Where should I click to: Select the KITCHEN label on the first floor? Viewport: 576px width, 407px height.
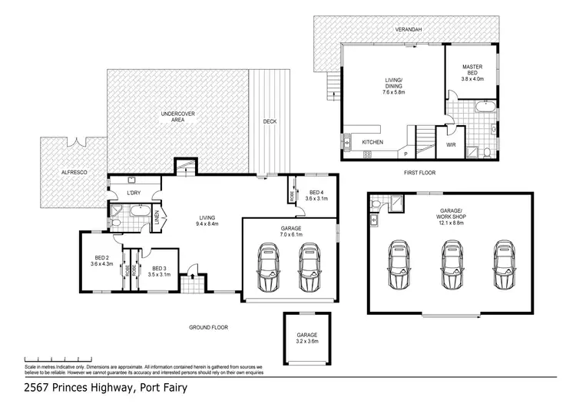pos(373,143)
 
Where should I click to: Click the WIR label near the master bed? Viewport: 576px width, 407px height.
pos(451,143)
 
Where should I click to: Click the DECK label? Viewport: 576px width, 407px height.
pos(270,121)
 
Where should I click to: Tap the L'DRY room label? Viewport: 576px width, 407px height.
pos(123,192)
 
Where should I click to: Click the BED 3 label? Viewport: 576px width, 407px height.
pos(157,270)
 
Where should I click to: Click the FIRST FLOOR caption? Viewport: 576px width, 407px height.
pos(419,173)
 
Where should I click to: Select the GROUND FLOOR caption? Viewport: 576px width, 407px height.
pos(208,327)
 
